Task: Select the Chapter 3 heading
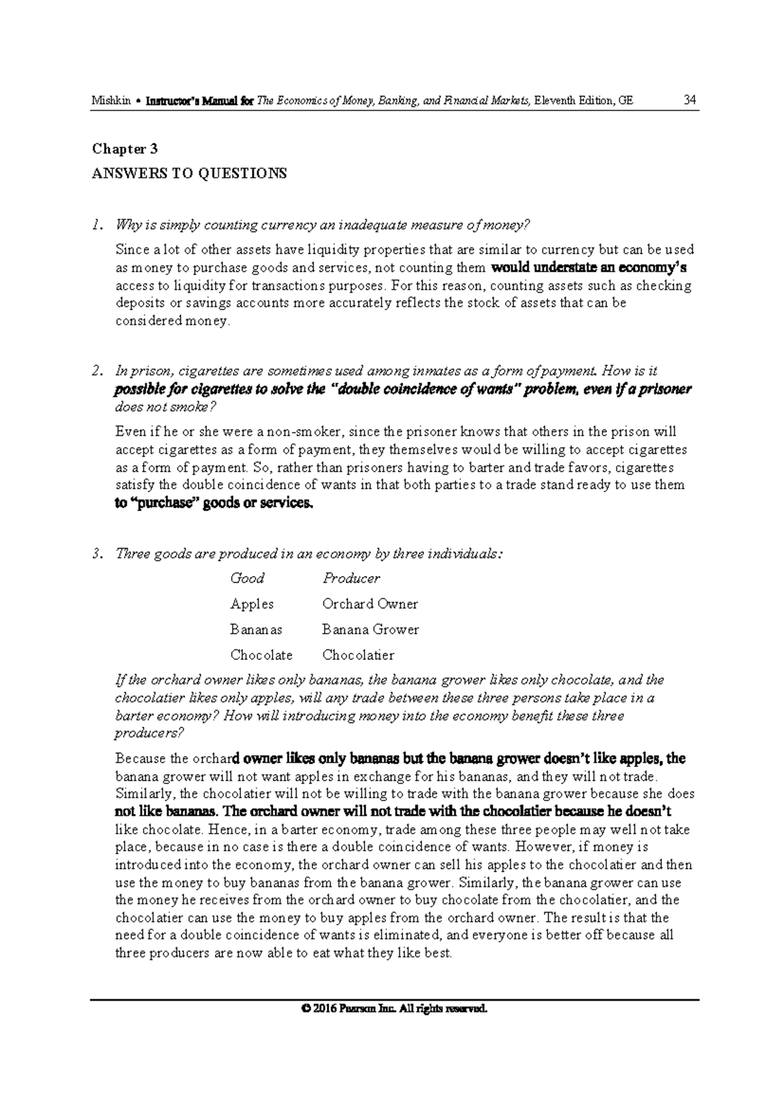[125, 149]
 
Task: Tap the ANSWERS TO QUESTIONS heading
[189, 174]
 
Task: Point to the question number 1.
[97, 226]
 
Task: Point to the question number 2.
[97, 372]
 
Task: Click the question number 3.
[97, 555]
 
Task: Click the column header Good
[247, 579]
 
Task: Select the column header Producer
[351, 579]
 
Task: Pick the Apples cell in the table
[252, 604]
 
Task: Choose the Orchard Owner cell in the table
[370, 604]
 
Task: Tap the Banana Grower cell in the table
[370, 630]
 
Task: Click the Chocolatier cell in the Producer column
[358, 655]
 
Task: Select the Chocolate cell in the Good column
[261, 655]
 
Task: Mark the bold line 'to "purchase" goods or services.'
[214, 504]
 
